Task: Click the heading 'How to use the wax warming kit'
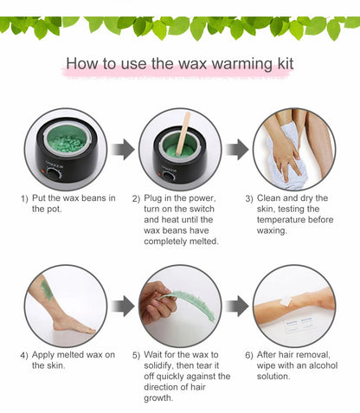tap(180, 65)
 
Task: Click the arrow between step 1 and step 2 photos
tap(123, 149)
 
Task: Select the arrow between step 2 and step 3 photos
tap(236, 149)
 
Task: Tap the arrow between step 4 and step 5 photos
tap(123, 305)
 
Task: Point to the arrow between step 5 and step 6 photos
tap(236, 305)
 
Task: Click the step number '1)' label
tap(24, 199)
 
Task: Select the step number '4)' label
tap(24, 355)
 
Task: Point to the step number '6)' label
tap(249, 355)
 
